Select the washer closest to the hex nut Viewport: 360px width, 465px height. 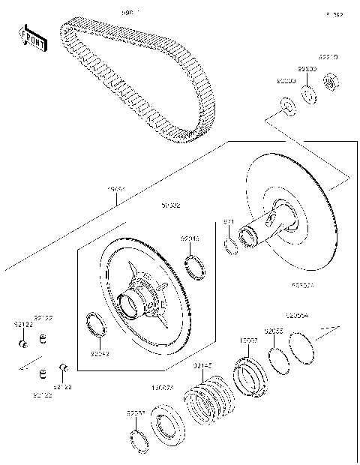[x=308, y=95]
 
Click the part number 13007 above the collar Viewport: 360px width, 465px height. [x=248, y=340]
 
